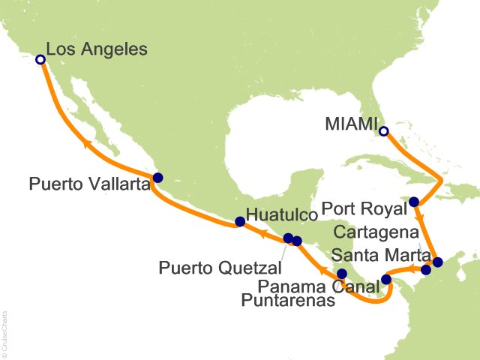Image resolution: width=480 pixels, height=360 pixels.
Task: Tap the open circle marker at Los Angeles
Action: (x=40, y=59)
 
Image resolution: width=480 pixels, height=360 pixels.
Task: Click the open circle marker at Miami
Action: (x=384, y=132)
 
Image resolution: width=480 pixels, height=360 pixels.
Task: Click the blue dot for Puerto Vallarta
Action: (x=157, y=178)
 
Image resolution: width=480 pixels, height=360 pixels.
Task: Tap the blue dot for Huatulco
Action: (x=240, y=221)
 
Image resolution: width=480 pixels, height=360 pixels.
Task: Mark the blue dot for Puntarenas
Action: (x=342, y=274)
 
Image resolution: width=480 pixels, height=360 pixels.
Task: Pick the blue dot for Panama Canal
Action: (x=386, y=280)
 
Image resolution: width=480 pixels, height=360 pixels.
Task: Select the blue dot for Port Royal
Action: (x=414, y=202)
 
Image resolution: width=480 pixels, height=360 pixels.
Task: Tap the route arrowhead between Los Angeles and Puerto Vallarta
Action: (x=88, y=143)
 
